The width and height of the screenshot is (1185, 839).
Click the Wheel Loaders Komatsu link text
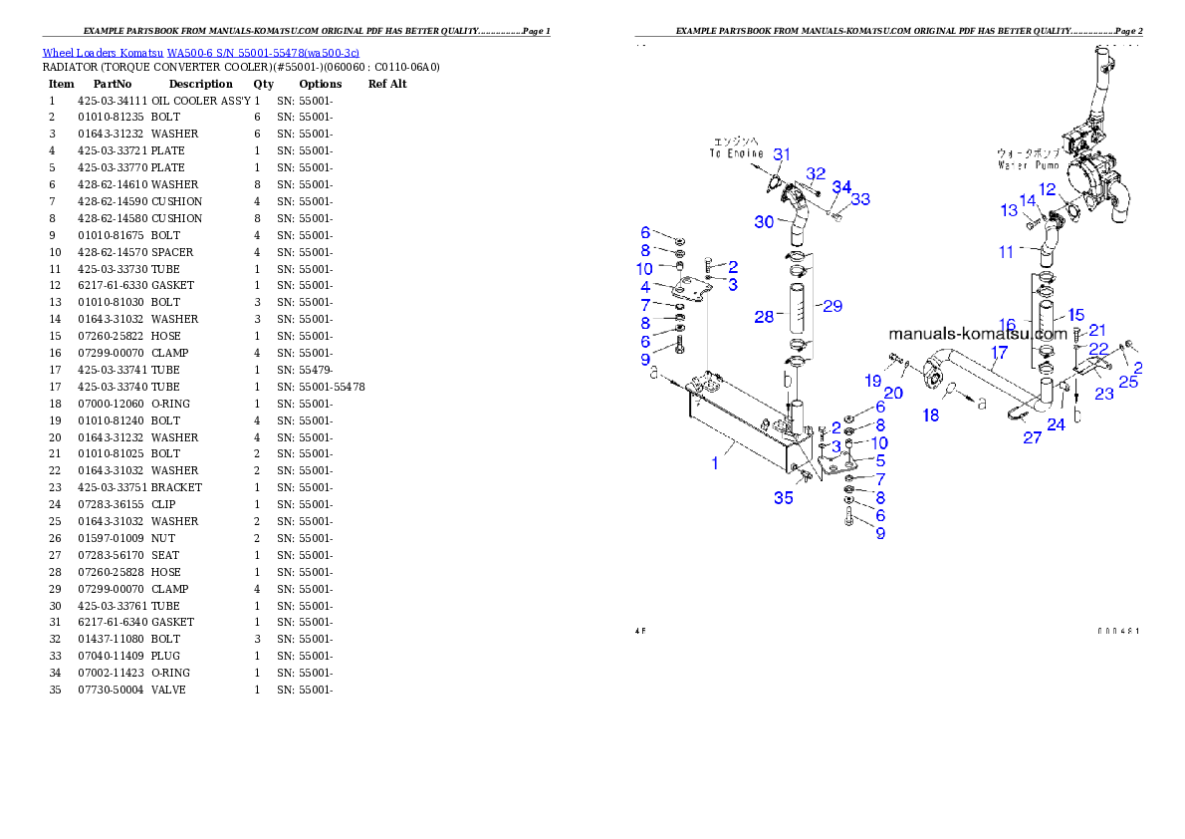click(x=199, y=53)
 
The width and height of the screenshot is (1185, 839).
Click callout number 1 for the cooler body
click(x=713, y=463)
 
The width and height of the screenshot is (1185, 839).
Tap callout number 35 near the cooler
click(x=784, y=497)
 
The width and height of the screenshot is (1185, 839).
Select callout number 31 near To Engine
click(x=783, y=154)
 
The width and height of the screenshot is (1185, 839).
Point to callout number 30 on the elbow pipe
click(x=764, y=221)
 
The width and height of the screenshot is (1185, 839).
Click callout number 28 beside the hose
click(x=764, y=317)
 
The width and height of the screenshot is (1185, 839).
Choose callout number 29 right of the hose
click(x=831, y=306)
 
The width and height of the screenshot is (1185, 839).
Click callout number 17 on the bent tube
click(x=999, y=351)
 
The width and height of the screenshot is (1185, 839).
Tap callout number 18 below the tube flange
click(x=930, y=414)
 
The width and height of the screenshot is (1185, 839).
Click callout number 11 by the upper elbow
click(x=1008, y=252)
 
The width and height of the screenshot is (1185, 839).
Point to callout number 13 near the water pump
click(x=1009, y=210)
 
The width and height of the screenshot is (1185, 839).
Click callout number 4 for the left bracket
click(x=645, y=287)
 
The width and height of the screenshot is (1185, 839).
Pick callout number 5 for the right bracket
click(x=879, y=460)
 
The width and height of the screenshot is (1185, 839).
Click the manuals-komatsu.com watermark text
click(x=978, y=334)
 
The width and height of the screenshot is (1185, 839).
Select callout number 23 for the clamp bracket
click(x=1103, y=394)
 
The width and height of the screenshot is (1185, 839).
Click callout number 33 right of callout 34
click(x=859, y=199)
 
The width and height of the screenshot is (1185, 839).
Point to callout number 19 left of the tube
click(x=872, y=381)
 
